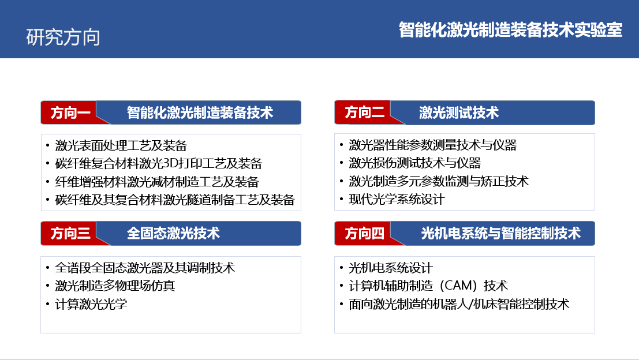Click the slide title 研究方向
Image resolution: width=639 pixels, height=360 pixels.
[x=63, y=37]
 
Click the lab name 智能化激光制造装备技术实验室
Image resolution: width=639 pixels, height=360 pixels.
[x=510, y=30]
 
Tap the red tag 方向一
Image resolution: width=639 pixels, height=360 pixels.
[x=70, y=113]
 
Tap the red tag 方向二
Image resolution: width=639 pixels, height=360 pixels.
[x=364, y=112]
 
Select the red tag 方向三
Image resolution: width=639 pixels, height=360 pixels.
[x=70, y=233]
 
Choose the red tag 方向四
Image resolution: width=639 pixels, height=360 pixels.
[x=364, y=233]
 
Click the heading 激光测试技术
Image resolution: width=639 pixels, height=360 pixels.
[x=459, y=112]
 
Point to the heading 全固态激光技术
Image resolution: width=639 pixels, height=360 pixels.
[x=173, y=233]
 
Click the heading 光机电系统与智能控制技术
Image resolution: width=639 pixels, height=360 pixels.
[x=501, y=233]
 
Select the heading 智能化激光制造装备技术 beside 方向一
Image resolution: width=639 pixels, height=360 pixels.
[x=200, y=113]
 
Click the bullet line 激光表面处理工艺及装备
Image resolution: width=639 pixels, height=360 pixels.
[x=121, y=145]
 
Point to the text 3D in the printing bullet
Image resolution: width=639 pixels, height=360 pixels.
[x=169, y=164]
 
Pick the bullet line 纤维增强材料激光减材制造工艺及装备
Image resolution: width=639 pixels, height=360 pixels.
[x=157, y=182]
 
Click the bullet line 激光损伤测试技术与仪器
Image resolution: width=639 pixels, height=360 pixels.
[x=415, y=163]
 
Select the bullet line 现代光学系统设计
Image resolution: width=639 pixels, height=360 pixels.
[x=397, y=200]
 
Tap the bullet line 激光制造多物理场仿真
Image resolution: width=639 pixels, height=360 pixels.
[x=115, y=286]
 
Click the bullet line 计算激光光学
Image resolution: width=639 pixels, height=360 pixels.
[x=91, y=304]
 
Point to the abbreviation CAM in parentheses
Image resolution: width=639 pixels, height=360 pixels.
[x=459, y=286]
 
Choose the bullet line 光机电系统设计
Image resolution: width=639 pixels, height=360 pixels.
[x=390, y=268]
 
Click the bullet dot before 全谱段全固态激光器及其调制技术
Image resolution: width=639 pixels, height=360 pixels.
[x=48, y=268]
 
